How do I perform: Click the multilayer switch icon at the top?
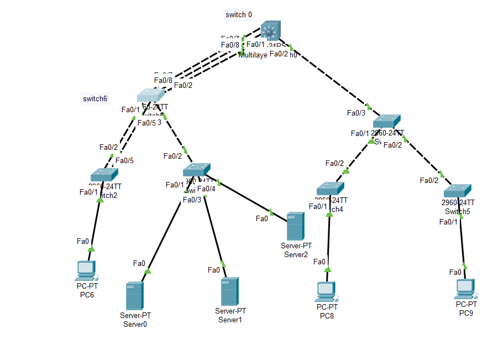(271, 30)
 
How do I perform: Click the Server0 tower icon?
(134, 296)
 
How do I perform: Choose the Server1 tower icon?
(229, 292)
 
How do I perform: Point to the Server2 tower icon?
(295, 226)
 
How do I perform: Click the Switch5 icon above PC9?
(459, 190)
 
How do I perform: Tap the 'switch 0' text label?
(239, 14)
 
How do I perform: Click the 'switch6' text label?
(95, 99)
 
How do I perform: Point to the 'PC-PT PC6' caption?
(87, 291)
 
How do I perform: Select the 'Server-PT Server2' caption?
(296, 250)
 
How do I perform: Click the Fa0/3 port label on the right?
(356, 113)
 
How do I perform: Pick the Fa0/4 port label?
(206, 189)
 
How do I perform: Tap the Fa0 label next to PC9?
(455, 272)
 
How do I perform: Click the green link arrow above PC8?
(328, 269)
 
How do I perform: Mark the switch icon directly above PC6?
(104, 175)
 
